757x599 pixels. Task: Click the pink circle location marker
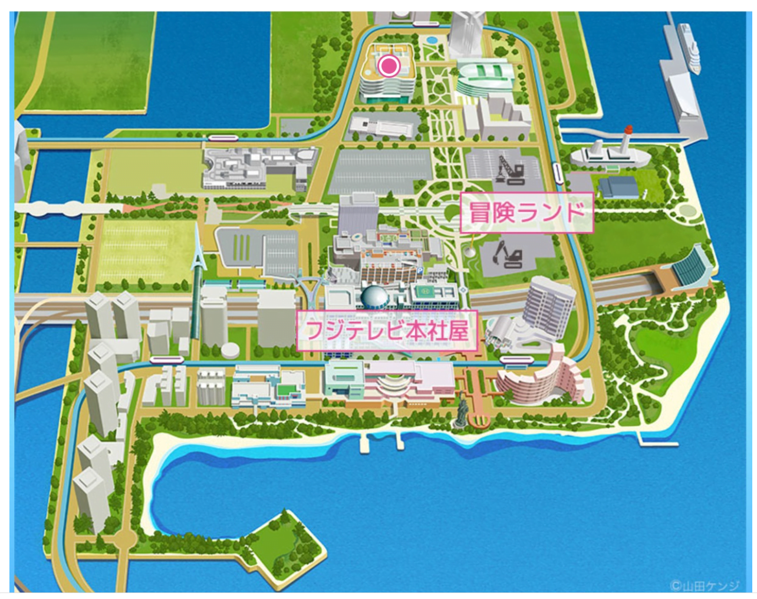click(389, 65)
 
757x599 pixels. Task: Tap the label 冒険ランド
click(526, 212)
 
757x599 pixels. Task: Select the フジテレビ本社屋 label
click(387, 331)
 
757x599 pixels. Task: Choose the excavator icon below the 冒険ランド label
click(507, 255)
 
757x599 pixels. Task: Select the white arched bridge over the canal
click(56, 208)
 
